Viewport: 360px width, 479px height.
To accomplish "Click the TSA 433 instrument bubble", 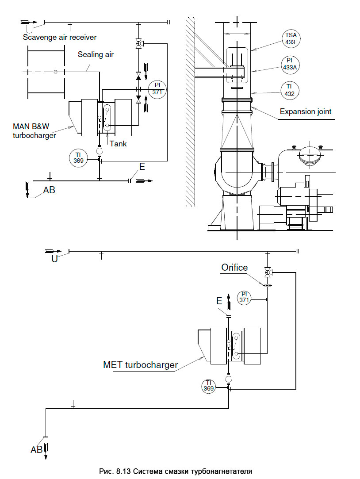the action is (291, 39).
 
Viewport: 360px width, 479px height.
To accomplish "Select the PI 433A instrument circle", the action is (290, 64).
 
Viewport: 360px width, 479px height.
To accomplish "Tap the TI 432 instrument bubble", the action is (289, 90).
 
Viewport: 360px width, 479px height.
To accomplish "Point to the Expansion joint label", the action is (305, 111).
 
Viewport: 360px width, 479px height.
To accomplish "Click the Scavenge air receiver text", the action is (60, 37).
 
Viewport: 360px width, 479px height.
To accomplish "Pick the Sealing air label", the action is (96, 54).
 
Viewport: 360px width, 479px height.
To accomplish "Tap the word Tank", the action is (118, 144).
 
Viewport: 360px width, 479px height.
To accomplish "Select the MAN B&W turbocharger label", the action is (34, 131).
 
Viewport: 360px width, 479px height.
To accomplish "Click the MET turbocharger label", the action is (141, 365).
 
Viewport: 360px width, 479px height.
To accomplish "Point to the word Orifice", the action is (234, 268).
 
